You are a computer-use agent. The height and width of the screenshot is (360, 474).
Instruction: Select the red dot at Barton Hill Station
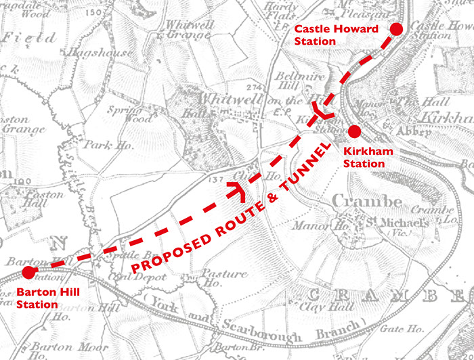click(28, 272)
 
